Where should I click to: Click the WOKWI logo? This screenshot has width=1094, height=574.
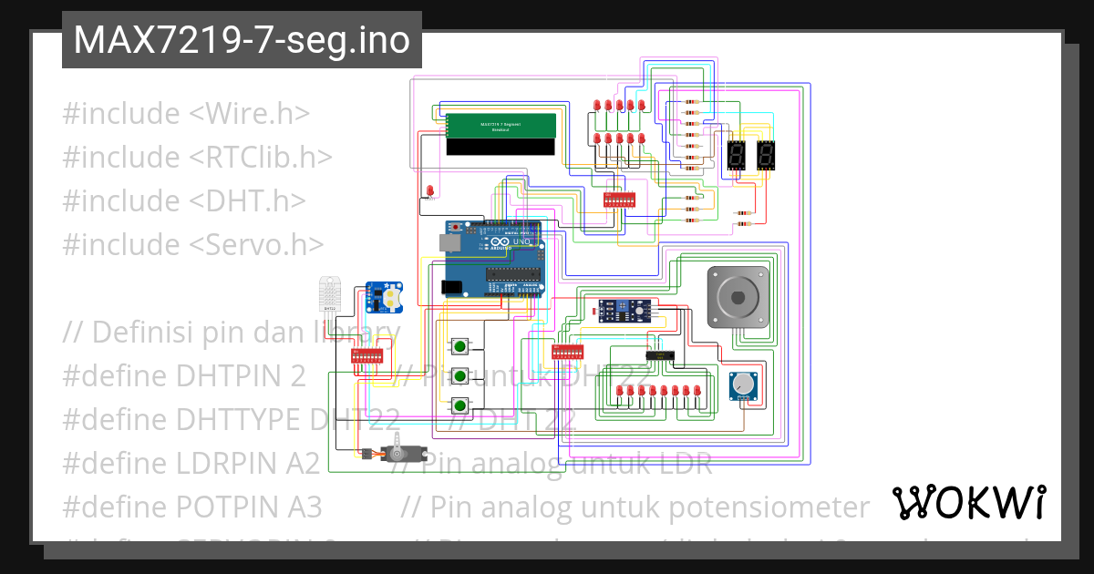click(x=968, y=502)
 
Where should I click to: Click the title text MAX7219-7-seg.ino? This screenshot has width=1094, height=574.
click(x=242, y=40)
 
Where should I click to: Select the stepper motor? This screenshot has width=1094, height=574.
click(x=738, y=297)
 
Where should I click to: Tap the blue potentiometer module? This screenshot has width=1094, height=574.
click(x=743, y=386)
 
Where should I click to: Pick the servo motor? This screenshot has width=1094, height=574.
click(x=397, y=453)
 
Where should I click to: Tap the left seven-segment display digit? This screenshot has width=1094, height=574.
click(x=736, y=156)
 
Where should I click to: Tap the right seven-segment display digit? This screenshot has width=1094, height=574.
click(x=766, y=156)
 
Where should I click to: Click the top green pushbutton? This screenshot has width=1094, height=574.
click(x=461, y=345)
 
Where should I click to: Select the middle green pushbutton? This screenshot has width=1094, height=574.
click(x=461, y=375)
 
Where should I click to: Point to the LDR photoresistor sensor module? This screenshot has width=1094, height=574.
click(x=625, y=312)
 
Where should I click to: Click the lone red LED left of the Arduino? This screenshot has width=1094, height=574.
click(x=429, y=190)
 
